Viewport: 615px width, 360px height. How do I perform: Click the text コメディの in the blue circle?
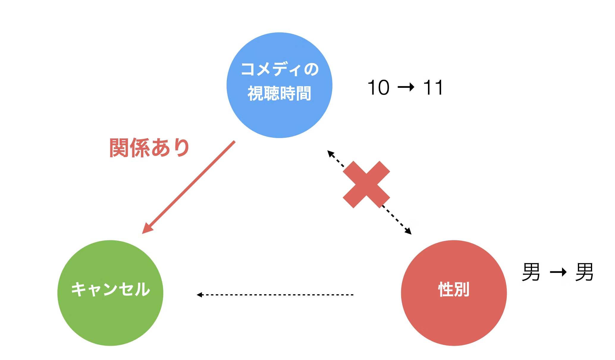click(280, 69)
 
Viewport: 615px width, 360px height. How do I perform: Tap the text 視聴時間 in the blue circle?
click(279, 93)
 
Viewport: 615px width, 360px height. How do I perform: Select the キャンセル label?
click(110, 289)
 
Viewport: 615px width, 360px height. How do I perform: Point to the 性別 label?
click(454, 289)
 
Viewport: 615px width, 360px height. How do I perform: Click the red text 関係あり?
click(149, 148)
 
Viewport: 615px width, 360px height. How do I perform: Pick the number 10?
click(378, 87)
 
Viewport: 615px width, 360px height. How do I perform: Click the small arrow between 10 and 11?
click(406, 87)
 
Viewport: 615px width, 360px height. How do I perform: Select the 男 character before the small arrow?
click(531, 272)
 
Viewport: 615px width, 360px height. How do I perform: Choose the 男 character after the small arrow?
click(584, 272)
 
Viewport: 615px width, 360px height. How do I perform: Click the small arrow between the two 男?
click(558, 272)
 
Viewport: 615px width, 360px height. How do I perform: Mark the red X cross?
click(366, 184)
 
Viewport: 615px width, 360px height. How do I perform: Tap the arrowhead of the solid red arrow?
click(147, 228)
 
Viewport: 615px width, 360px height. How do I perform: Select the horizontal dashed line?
click(275, 295)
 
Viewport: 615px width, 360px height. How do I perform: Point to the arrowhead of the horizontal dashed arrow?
click(199, 295)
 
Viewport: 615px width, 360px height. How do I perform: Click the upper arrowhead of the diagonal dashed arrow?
click(330, 154)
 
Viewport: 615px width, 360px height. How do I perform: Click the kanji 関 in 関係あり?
click(119, 148)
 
